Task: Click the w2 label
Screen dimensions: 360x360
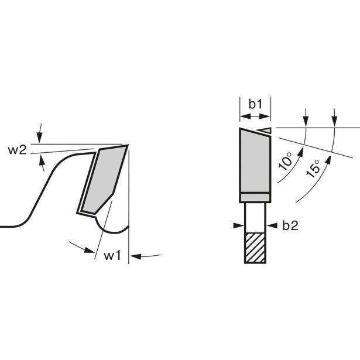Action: click(18, 150)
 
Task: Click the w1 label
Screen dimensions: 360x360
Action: click(112, 256)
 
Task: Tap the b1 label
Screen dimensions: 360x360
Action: click(255, 104)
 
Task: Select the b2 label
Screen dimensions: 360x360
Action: click(290, 226)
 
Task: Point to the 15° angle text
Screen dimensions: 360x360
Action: click(313, 169)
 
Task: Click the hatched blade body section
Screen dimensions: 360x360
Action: click(255, 248)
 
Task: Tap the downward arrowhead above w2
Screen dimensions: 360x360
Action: click(39, 138)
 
